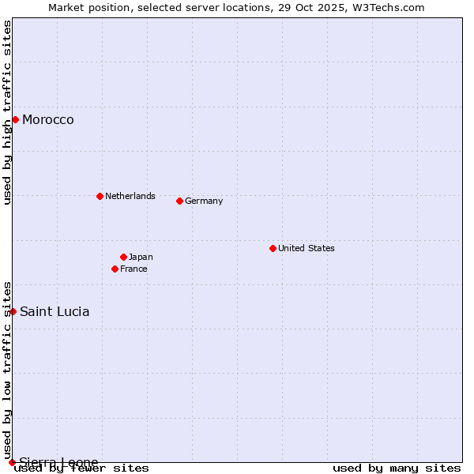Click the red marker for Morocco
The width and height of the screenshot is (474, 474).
(x=15, y=119)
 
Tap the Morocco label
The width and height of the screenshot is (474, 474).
(x=48, y=120)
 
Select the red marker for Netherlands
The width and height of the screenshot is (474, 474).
(x=100, y=196)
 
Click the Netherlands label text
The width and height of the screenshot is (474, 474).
(x=130, y=196)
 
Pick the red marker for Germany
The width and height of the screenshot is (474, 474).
(x=179, y=201)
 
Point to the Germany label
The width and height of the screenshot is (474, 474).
(x=204, y=201)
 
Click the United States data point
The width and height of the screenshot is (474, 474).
(x=273, y=248)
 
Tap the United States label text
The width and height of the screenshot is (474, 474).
(x=307, y=248)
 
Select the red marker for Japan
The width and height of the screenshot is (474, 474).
(x=123, y=257)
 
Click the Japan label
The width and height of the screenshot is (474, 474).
(x=141, y=257)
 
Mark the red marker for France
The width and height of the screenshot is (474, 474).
(x=115, y=269)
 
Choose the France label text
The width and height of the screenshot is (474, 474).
(x=134, y=269)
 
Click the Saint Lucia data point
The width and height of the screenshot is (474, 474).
(x=13, y=311)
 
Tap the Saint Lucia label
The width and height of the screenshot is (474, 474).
(x=55, y=311)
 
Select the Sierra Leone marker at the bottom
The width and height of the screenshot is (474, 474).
(x=12, y=462)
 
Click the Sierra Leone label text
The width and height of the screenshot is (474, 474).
(x=59, y=462)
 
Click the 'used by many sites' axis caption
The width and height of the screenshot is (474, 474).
(x=397, y=468)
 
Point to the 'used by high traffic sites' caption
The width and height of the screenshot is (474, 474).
(x=7, y=112)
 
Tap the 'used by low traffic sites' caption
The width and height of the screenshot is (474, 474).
(x=7, y=370)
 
